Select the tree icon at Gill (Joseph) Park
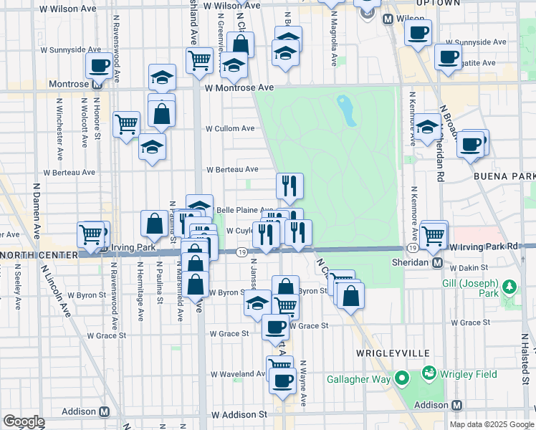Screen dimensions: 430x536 509,288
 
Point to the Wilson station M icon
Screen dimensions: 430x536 388,19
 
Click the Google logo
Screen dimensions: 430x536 24,421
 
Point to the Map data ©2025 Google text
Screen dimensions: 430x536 491,424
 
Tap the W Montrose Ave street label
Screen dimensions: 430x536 239,87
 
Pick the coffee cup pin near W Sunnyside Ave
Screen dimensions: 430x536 418,31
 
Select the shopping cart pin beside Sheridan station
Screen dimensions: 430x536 434,234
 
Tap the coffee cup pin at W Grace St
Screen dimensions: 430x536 275,327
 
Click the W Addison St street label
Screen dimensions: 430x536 239,415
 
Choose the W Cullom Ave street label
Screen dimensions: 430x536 230,129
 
